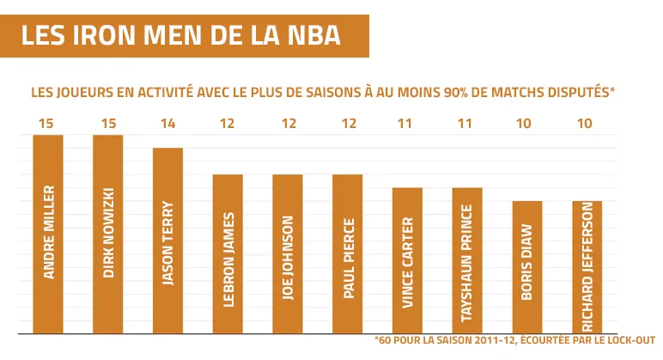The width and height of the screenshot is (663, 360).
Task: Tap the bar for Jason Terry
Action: (167, 241)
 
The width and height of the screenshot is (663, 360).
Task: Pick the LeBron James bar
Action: (228, 253)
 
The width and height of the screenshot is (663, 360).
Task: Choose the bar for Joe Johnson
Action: (288, 253)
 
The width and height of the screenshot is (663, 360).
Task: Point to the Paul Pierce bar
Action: (348, 253)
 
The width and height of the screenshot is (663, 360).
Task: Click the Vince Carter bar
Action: (407, 260)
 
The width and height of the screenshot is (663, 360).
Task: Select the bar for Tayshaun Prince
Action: (467, 260)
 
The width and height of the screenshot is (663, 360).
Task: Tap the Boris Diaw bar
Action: (527, 266)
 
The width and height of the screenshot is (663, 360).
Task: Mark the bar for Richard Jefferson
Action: (587, 266)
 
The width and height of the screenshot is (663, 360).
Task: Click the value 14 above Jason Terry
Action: (167, 124)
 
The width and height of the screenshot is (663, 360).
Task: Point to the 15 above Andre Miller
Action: (48, 124)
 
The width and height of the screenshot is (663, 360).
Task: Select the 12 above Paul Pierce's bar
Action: (348, 124)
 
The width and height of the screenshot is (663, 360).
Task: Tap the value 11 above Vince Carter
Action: (407, 124)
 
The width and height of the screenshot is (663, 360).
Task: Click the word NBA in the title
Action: (313, 36)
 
